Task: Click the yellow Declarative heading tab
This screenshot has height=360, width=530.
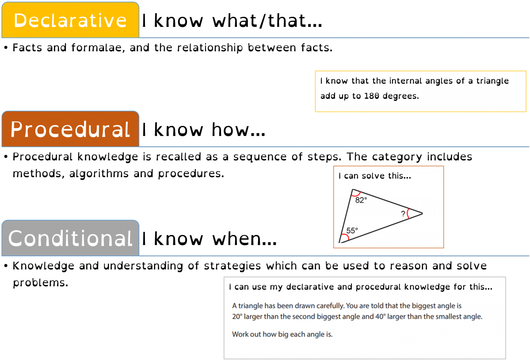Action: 70,20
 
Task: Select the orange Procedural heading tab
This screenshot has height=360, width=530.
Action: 70,129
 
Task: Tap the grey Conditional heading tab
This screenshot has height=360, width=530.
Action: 70,238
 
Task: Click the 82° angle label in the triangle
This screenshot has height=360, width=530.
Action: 361,200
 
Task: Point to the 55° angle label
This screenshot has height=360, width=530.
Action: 352,231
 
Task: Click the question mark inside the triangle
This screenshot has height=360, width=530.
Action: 403,214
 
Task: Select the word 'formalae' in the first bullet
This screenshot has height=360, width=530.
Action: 98,48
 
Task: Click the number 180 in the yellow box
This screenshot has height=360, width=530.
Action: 371,96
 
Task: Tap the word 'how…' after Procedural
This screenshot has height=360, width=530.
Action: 239,130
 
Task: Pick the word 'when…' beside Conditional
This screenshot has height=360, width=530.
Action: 245,239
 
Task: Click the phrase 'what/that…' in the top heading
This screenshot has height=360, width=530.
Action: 267,21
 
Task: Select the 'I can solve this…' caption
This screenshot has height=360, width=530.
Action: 375,176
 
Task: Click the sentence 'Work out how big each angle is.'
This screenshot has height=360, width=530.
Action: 282,334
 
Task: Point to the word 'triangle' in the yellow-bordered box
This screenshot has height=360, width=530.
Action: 492,81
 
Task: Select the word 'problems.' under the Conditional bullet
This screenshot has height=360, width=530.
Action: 41,283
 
